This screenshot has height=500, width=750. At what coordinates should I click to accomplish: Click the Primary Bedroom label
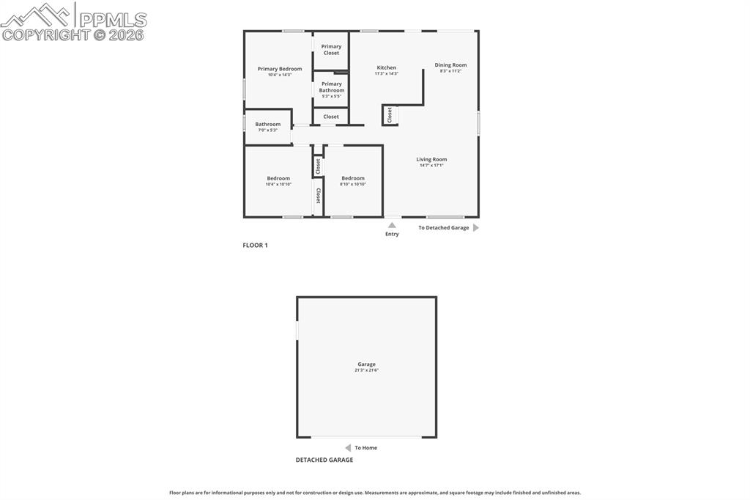279,69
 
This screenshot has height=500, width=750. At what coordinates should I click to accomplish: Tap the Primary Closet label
331,50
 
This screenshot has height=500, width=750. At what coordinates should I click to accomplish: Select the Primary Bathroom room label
331,87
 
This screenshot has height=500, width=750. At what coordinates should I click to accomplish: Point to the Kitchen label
386,67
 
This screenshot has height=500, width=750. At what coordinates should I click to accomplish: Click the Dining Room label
450,65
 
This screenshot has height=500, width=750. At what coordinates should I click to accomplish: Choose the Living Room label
431,159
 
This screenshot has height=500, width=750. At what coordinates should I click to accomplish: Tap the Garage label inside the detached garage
366,364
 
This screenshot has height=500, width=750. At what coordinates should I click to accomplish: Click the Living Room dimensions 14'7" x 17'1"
431,166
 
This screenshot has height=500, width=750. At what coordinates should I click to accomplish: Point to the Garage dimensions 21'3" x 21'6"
366,370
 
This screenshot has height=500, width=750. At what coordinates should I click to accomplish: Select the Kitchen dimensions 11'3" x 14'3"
386,73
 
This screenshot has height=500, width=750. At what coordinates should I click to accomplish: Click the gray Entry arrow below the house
392,225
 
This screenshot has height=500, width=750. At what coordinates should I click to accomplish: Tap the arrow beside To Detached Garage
476,228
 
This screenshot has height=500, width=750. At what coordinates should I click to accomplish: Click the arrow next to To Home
348,448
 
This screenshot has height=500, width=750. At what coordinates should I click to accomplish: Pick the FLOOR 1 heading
255,245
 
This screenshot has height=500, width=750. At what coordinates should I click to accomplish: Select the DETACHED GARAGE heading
324,460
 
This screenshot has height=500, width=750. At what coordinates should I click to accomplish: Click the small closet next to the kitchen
390,115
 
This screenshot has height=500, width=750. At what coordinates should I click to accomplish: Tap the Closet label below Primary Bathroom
331,117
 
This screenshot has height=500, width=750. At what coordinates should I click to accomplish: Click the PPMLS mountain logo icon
37,15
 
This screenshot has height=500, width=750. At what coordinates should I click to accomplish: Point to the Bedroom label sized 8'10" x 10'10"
352,178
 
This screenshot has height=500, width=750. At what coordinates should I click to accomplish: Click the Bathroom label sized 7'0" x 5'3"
267,124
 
